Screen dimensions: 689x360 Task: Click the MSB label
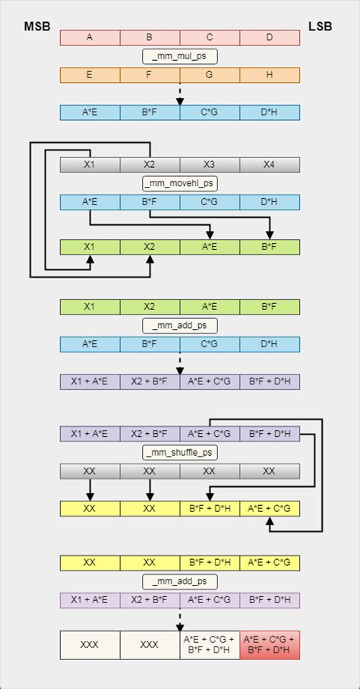(38, 28)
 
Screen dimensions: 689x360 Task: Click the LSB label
(320, 28)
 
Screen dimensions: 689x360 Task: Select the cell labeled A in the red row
(90, 37)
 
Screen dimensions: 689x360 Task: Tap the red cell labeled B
(150, 37)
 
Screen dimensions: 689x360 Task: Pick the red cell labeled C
(210, 37)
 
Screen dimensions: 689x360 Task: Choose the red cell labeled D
(270, 37)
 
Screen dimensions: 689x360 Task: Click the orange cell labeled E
(90, 74)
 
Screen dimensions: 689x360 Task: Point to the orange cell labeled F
(150, 74)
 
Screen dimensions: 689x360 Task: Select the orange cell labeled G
(210, 74)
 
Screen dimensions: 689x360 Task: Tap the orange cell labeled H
(270, 74)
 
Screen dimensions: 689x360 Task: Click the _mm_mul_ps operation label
(180, 55)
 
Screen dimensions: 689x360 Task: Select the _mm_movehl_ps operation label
(180, 183)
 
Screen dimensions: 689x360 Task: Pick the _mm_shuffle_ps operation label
(180, 453)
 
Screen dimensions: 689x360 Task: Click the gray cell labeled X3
(210, 165)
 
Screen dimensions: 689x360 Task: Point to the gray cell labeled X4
(270, 165)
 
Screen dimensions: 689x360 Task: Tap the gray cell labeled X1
(90, 165)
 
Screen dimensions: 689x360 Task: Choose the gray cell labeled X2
(150, 165)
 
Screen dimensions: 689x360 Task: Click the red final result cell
(270, 644)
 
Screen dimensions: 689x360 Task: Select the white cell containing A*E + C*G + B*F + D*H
(210, 644)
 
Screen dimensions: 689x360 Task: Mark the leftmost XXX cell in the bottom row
(90, 644)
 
